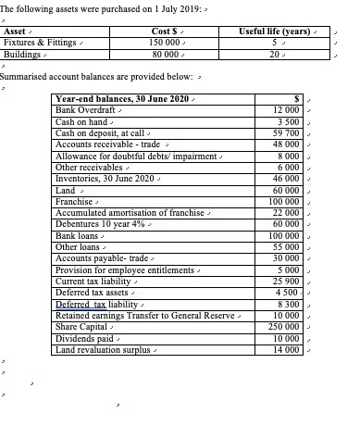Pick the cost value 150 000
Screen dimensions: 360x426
pyautogui.click(x=164, y=43)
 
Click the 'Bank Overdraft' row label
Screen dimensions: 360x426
pyautogui.click(x=86, y=110)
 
